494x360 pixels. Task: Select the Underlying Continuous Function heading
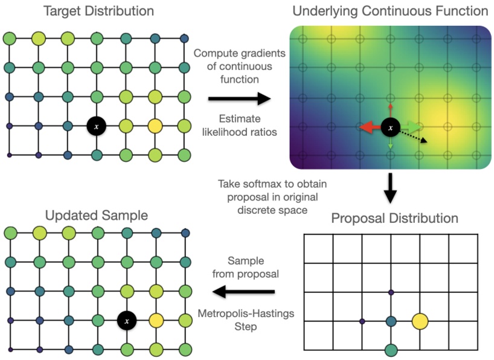(390, 11)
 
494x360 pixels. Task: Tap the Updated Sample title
(96, 215)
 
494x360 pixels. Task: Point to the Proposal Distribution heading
(394, 217)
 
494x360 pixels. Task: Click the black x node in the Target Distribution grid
(95, 126)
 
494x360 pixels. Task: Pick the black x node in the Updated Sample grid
(126, 320)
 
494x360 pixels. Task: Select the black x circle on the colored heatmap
(391, 127)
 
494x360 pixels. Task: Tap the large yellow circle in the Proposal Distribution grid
(420, 321)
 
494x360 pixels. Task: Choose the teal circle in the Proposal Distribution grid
(391, 321)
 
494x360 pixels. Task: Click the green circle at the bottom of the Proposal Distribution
(391, 349)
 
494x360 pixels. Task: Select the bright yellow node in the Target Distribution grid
(155, 126)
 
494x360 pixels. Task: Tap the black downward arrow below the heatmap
(391, 188)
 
